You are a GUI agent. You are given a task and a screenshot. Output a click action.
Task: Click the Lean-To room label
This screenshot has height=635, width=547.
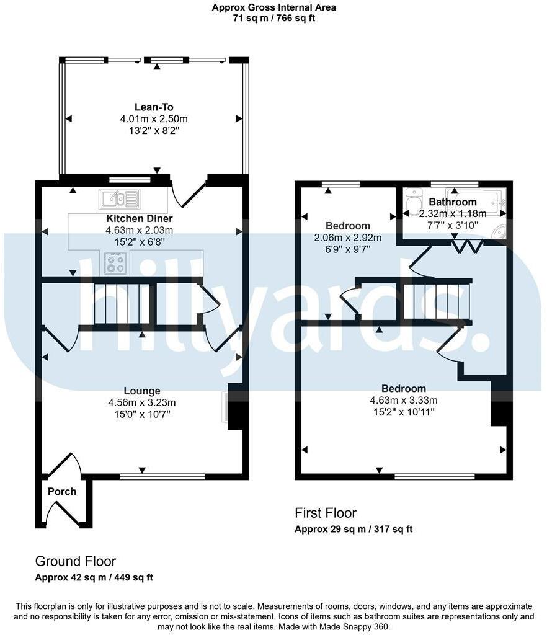coord(154,107)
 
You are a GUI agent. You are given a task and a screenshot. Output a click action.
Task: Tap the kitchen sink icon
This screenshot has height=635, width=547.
coord(118,199)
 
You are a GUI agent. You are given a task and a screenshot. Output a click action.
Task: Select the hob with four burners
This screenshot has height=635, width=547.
coord(116,263)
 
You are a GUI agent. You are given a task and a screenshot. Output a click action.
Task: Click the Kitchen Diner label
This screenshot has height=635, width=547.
coord(140,218)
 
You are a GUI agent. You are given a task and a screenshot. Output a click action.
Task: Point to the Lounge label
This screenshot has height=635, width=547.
coord(142,391)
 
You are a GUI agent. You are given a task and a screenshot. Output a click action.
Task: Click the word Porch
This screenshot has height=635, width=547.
coord(62,492)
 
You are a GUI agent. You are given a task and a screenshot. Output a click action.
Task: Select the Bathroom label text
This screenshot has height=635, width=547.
coord(453,202)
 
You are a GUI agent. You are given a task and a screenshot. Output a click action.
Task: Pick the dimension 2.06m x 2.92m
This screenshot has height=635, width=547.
coord(348,238)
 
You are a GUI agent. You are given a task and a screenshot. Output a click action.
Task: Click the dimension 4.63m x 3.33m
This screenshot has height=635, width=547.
coord(404,400)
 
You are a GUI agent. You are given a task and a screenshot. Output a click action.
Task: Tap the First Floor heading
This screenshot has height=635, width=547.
coord(326,513)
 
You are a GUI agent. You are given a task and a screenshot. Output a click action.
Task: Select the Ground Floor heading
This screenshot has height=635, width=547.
coord(75,561)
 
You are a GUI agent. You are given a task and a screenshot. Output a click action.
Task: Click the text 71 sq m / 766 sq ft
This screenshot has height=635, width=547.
coord(273,19)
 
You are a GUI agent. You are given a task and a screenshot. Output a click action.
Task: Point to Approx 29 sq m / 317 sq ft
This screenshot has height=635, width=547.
coord(354,529)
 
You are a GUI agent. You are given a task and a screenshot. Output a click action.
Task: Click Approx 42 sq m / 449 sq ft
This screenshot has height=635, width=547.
coord(94,577)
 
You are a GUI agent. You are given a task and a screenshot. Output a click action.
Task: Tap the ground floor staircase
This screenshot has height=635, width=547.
coord(122,304)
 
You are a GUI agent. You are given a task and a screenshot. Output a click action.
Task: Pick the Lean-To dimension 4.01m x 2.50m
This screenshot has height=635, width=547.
coord(154,118)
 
